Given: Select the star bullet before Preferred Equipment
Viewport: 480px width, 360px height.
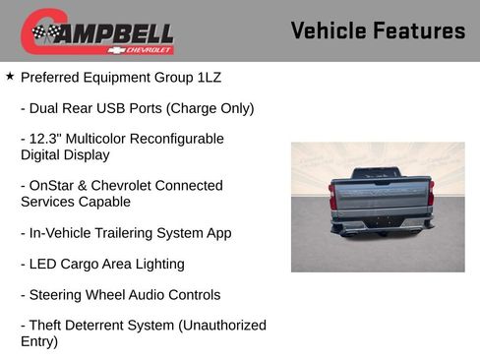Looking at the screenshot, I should [x=10, y=75].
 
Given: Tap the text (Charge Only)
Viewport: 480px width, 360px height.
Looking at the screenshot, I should [x=210, y=108].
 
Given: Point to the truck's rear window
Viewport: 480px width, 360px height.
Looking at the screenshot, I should [x=376, y=173].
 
